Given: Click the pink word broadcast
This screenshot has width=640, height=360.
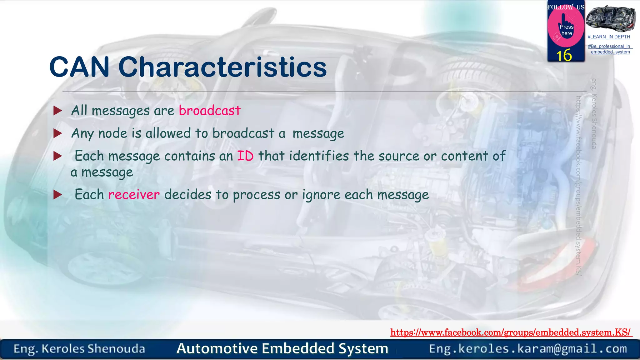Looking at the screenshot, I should click(210, 111).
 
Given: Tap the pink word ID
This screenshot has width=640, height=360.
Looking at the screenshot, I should click(245, 156).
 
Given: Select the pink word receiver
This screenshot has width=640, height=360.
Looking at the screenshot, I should click(134, 195).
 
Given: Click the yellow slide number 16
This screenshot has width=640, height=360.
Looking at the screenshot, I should click(564, 56).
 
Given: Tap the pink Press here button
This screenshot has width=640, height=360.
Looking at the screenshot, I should click(566, 30).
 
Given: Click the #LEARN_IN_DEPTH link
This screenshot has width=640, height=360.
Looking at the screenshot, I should click(609, 37).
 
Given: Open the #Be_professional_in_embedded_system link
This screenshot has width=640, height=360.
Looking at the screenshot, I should click(610, 49).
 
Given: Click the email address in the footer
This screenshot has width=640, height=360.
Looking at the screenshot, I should click(528, 348).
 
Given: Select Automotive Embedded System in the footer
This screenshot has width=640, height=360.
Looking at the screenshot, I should click(282, 348).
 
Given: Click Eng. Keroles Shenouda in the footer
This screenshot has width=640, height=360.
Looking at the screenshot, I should click(79, 349).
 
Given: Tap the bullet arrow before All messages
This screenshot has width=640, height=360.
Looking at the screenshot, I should click(58, 111).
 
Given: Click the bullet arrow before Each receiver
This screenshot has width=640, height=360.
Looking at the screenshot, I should click(58, 195).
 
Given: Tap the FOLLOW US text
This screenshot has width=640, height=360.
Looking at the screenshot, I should click(566, 7).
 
